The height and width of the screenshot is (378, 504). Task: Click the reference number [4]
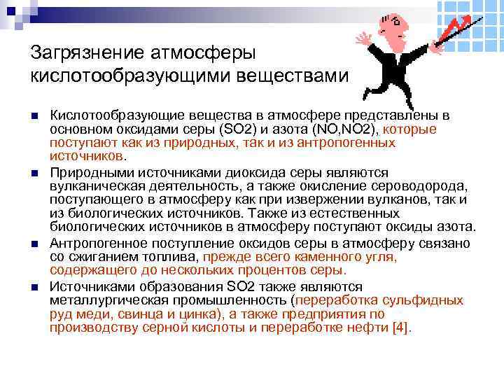[x=401, y=328]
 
